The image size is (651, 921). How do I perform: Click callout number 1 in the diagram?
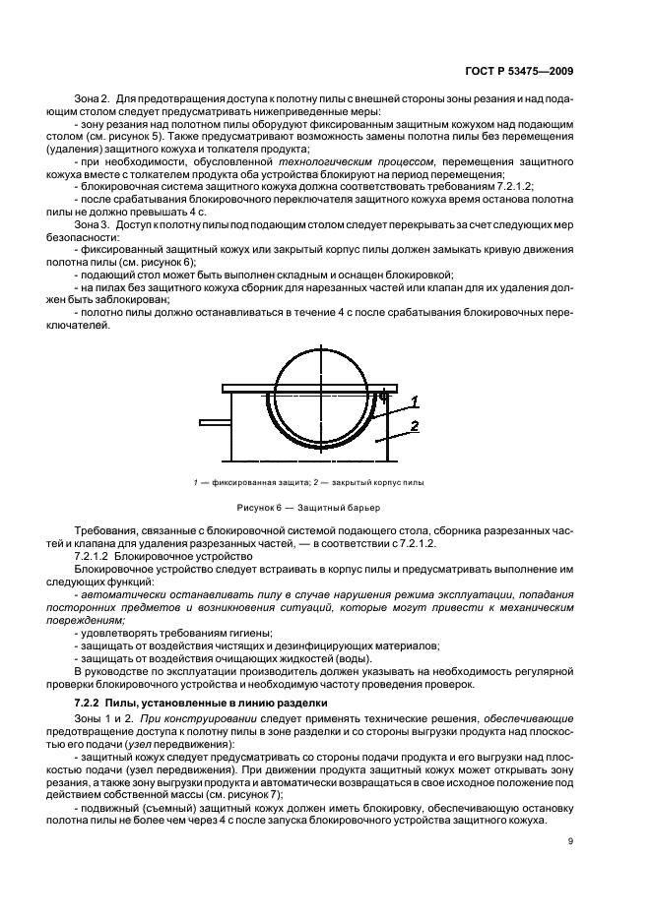[416, 401]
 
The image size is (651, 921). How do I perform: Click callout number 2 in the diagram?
[416, 426]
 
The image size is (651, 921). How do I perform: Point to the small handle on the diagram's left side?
[214, 423]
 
